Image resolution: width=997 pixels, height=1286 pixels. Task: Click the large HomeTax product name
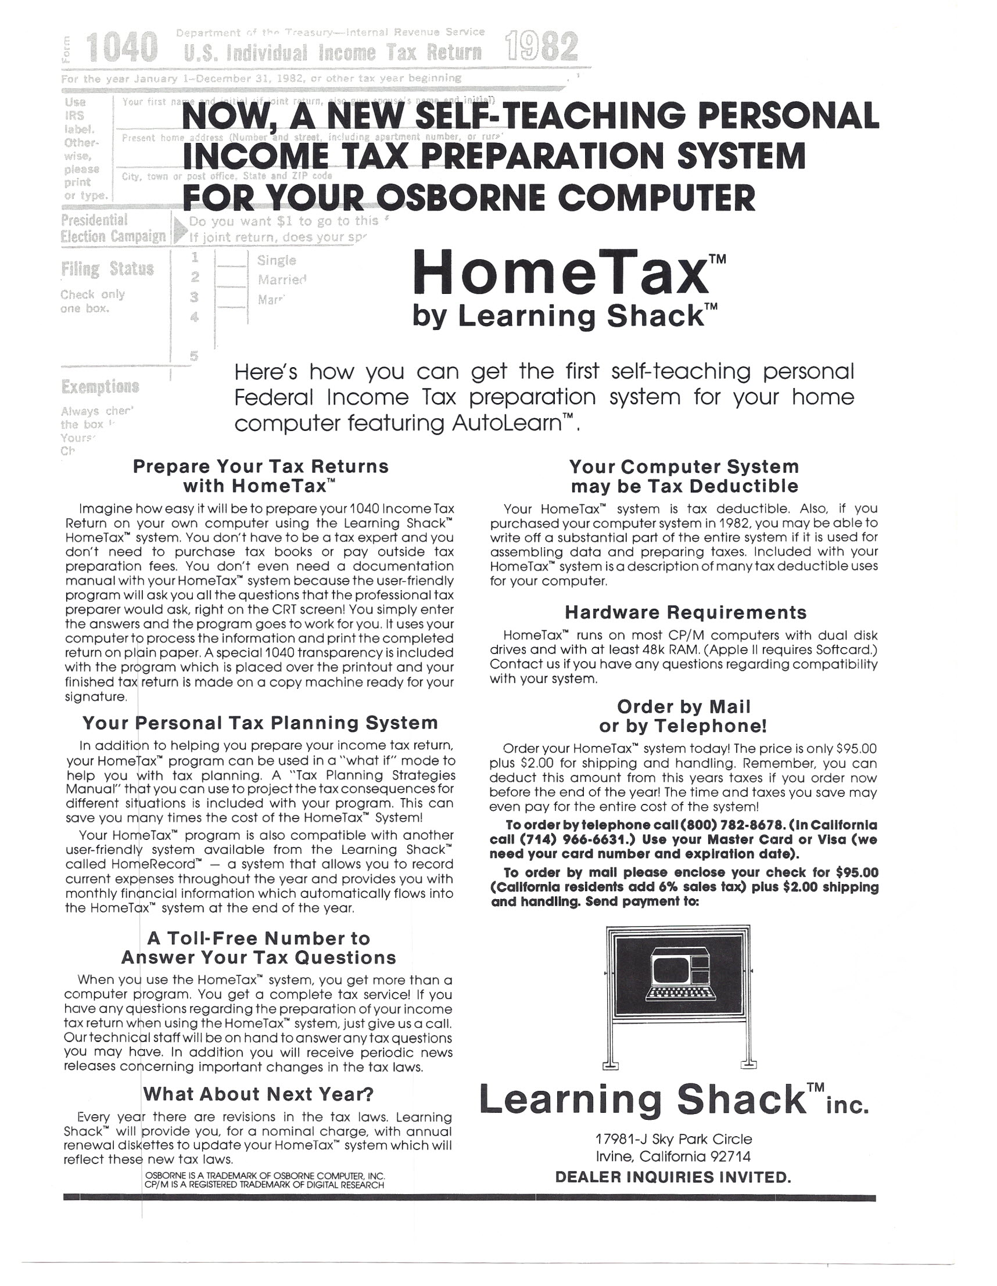tap(560, 272)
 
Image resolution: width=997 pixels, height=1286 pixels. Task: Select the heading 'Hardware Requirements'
tap(686, 612)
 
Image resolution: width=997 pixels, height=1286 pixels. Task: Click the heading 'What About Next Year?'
tap(259, 1094)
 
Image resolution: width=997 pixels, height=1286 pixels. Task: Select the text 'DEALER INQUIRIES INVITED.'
tap(673, 1177)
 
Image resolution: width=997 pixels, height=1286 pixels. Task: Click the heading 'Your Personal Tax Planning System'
tap(260, 723)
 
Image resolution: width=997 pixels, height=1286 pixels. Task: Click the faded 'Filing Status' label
tap(107, 269)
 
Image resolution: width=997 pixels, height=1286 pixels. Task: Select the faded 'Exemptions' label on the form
tap(100, 386)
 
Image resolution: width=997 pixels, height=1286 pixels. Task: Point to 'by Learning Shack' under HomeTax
tap(558, 315)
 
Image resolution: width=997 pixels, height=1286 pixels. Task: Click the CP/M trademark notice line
tap(264, 1185)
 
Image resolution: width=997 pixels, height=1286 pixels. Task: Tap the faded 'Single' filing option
tap(276, 260)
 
